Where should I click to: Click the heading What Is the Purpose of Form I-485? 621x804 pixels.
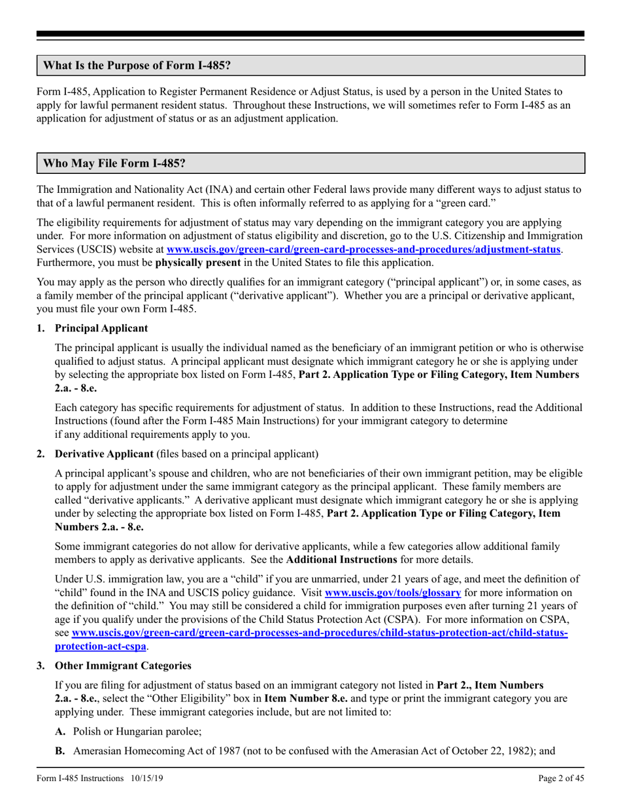click(136, 66)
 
